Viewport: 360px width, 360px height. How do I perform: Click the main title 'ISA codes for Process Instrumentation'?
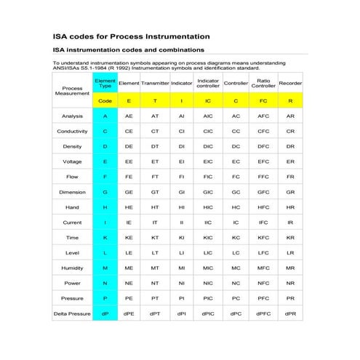pyautogui.click(x=132, y=36)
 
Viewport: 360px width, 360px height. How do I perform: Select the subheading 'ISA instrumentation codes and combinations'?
pyautogui.click(x=129, y=50)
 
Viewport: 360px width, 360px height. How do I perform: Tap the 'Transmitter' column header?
pyautogui.click(x=155, y=84)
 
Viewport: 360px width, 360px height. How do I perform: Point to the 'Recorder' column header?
pyautogui.click(x=290, y=84)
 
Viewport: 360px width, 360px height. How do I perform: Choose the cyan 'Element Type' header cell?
pyautogui.click(x=105, y=83)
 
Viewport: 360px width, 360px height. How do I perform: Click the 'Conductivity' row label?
pyautogui.click(x=72, y=131)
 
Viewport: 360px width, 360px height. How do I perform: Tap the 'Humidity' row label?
pyautogui.click(x=72, y=268)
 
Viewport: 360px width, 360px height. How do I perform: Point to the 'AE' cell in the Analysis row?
pyautogui.click(x=129, y=116)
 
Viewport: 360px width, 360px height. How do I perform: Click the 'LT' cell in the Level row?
pyautogui.click(x=155, y=252)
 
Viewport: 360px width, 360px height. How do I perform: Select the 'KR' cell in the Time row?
pyautogui.click(x=290, y=237)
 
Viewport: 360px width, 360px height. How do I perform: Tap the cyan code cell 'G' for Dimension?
pyautogui.click(x=105, y=192)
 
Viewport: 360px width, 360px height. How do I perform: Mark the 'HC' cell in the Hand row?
pyautogui.click(x=236, y=207)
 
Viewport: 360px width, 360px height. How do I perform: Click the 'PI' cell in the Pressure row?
pyautogui.click(x=181, y=297)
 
